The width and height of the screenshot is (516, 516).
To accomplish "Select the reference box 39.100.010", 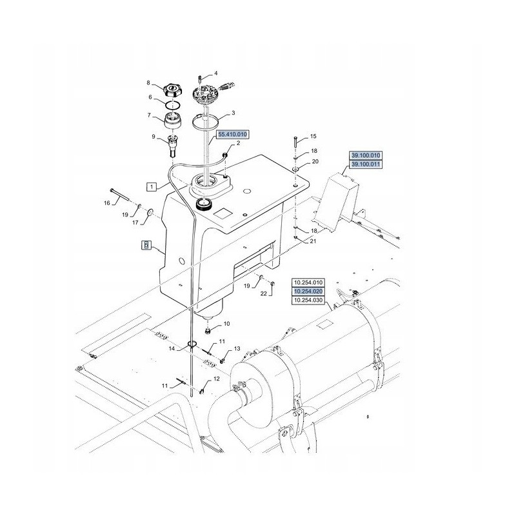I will (366, 155).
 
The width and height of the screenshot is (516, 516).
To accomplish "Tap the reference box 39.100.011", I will (366, 164).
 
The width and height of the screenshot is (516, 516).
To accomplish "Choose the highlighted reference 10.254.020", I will (308, 292).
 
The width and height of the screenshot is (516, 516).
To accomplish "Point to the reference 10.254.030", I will (308, 301).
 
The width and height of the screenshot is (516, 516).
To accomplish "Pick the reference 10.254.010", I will (308, 283).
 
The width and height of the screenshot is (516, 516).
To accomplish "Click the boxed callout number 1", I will (151, 187).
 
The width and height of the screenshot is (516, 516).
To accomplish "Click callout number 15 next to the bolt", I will (313, 137).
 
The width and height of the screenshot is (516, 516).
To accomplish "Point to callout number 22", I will (263, 294).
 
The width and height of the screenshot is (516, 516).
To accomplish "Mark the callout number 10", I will (226, 324).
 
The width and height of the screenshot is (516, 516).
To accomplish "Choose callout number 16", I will (106, 203).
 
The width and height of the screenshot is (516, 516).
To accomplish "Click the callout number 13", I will (237, 349).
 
